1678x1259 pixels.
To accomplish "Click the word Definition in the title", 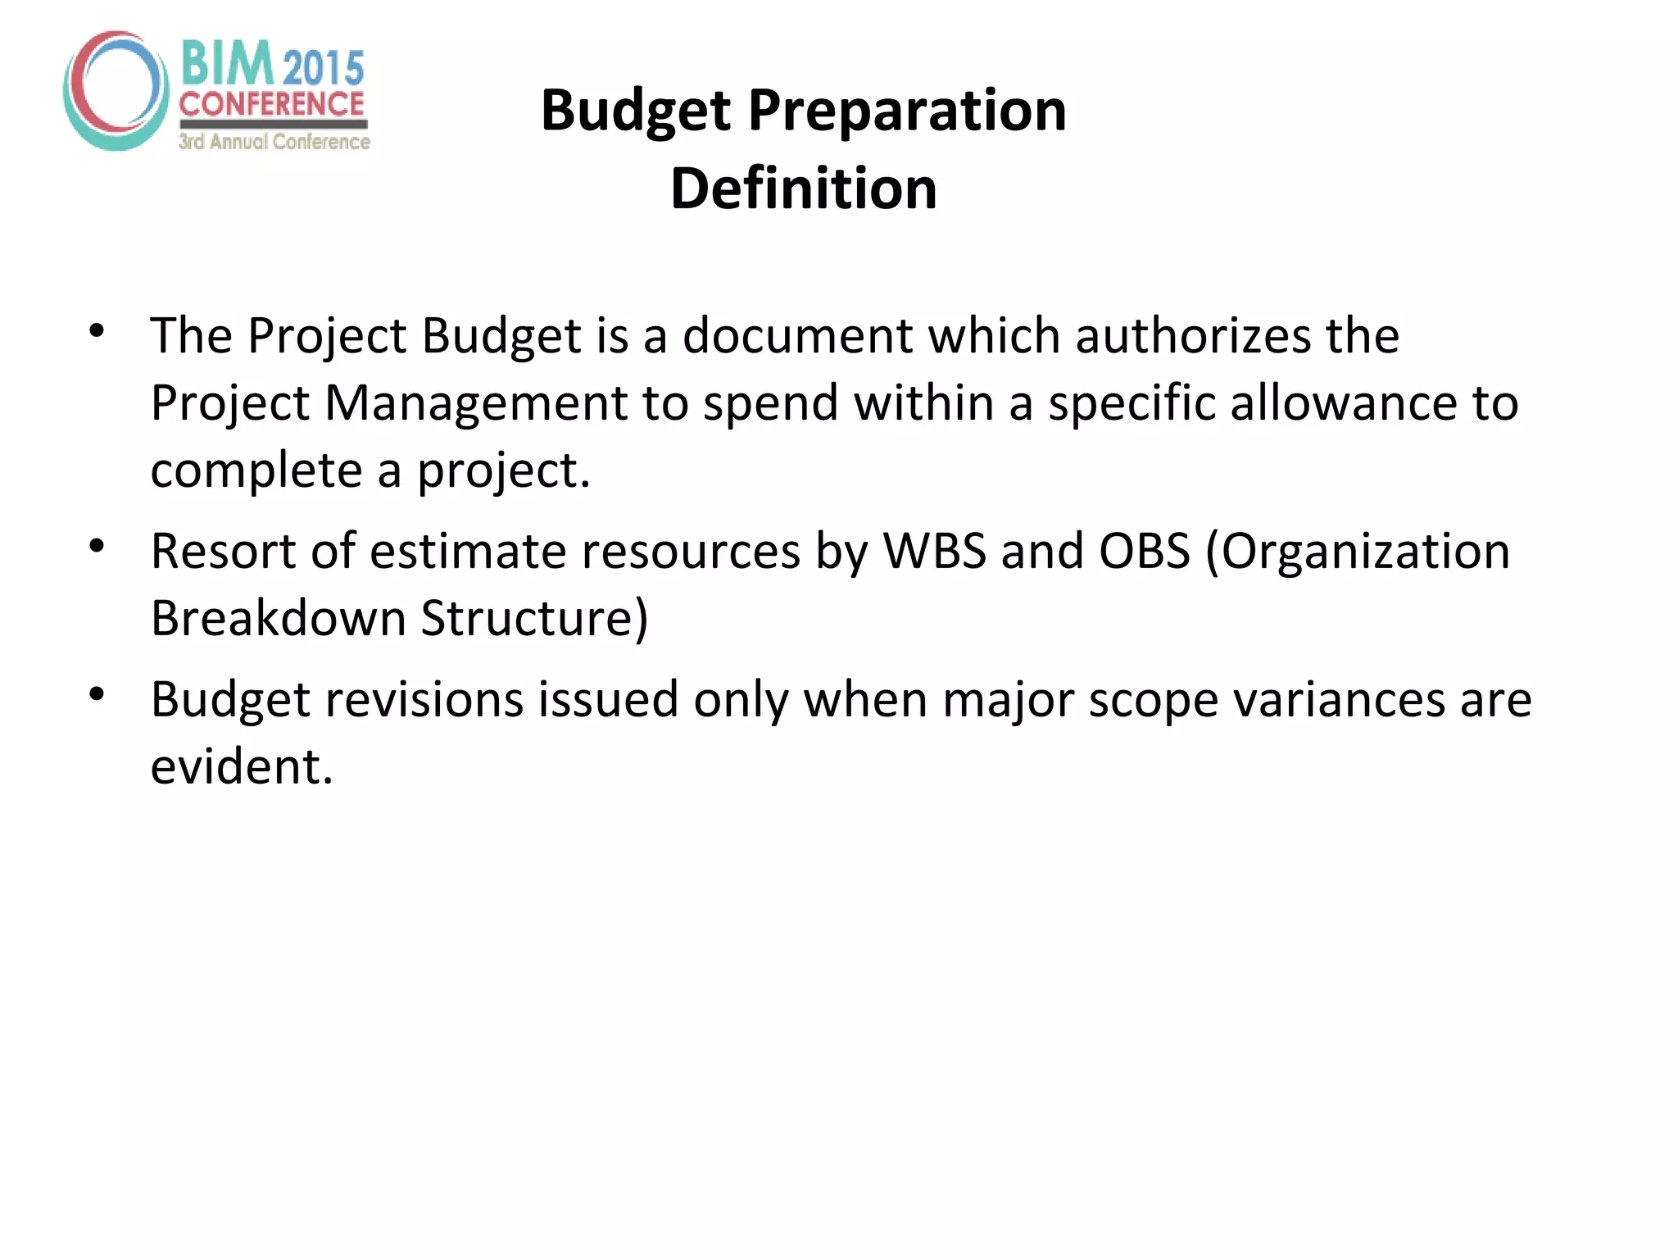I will coord(803,189).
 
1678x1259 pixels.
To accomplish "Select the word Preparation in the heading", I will coord(907,111).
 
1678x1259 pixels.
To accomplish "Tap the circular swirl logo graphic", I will coord(116,90).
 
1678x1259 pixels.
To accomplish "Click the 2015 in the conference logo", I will coord(324,67).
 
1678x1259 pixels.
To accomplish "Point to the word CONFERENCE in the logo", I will coord(271,104).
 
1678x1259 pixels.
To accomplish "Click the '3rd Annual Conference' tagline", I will coord(274,142).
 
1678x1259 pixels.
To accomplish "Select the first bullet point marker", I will coord(97,331).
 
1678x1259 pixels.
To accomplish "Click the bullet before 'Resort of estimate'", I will coord(97,546).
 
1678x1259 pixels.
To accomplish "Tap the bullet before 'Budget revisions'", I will coord(97,695).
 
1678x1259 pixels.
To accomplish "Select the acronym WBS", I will coord(934,551).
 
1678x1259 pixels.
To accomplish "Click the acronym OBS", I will coord(1144,551).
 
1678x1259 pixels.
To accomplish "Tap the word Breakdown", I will coord(278,618).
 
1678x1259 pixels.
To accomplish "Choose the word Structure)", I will coord(534,618).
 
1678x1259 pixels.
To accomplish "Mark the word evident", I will coord(242,767).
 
